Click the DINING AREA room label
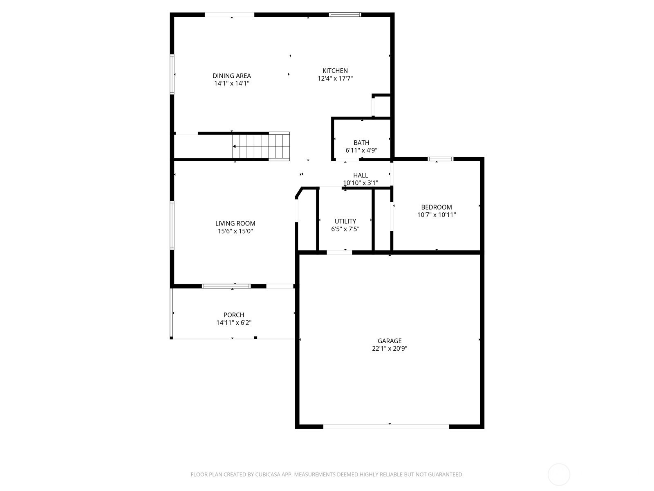231,76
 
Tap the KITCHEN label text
335,71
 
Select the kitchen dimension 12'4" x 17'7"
335,79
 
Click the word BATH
361,143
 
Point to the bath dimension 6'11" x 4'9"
361,150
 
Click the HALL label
361,175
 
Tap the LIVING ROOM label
235,223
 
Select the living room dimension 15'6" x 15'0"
235,231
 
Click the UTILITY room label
345,221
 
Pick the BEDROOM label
436,207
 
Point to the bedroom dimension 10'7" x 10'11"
436,215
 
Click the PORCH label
233,315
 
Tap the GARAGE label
390,341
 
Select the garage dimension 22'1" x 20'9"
390,349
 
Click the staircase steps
261,146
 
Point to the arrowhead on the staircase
234,146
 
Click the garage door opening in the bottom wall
386,427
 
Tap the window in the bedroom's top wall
440,159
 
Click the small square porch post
255,338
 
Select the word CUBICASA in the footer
268,474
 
